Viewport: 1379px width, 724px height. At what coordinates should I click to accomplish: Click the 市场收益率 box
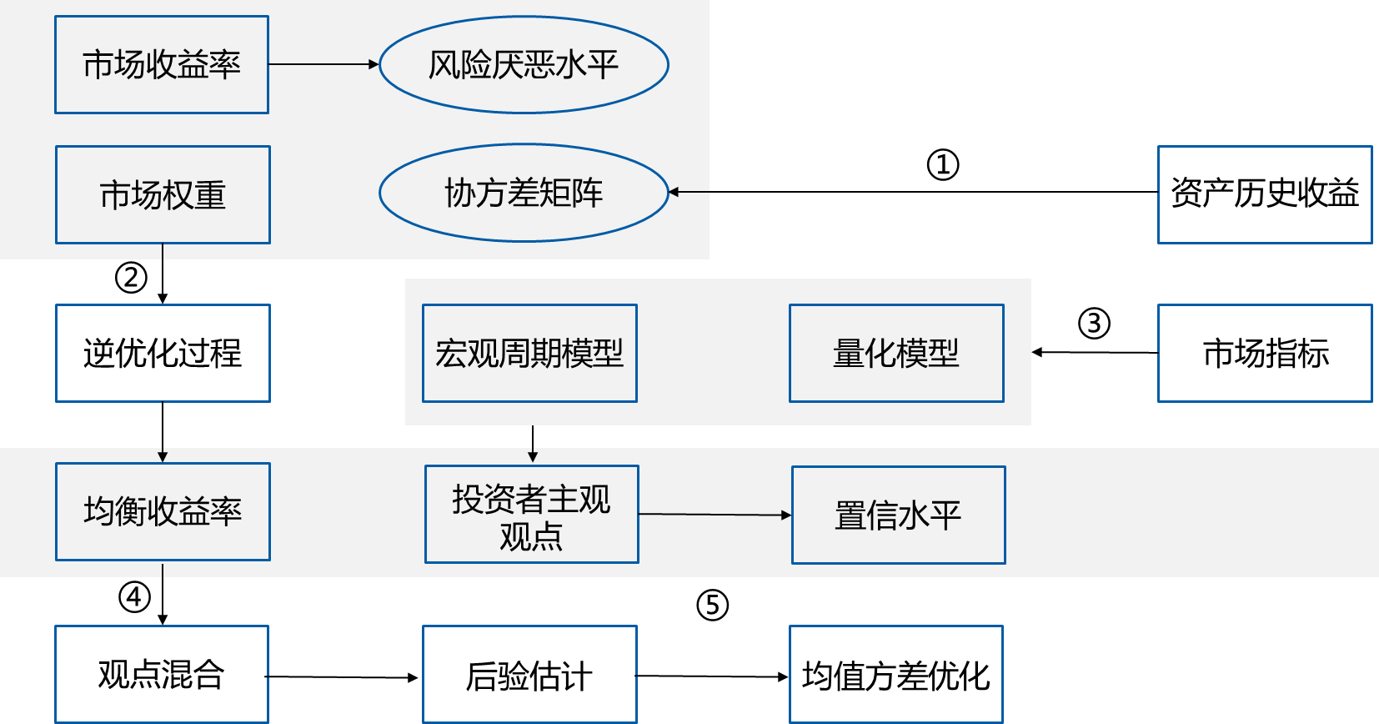pos(162,64)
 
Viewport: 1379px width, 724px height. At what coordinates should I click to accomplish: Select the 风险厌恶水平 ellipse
pos(524,64)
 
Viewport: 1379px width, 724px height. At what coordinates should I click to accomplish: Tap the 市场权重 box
pos(163,194)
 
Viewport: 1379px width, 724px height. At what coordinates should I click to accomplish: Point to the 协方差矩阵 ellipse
pos(524,193)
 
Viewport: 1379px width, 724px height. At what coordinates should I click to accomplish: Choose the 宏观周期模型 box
pos(529,353)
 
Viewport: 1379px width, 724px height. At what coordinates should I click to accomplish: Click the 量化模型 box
pos(896,353)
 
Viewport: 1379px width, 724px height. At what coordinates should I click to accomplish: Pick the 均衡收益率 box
pos(163,511)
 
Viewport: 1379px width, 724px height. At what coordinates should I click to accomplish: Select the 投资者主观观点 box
pos(532,514)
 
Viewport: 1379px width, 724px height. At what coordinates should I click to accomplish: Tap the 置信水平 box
pos(898,515)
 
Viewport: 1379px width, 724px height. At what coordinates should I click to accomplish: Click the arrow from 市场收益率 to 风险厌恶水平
pos(323,64)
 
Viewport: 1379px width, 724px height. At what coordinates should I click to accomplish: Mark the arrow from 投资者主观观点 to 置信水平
pos(714,515)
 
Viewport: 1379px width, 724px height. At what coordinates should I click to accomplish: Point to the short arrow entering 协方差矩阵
pos(689,192)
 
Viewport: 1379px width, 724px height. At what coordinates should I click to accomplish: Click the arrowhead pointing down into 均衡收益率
pos(163,456)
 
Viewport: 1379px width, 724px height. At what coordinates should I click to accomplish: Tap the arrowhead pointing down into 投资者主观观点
pos(533,456)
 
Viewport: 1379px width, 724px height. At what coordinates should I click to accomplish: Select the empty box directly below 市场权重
pos(163,353)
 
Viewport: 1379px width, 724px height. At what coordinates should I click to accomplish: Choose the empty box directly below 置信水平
pos(895,673)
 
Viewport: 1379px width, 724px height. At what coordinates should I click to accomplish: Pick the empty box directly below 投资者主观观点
pos(529,673)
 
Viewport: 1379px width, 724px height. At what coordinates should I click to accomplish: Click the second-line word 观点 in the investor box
pos(532,536)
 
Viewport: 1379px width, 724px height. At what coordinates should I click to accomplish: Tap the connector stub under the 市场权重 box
pos(163,251)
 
